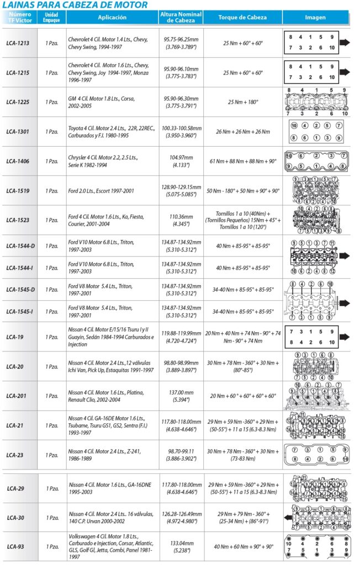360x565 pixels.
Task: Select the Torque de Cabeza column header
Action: click(x=242, y=17)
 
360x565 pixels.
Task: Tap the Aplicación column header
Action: click(x=112, y=17)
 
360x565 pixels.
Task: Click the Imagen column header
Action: click(x=315, y=17)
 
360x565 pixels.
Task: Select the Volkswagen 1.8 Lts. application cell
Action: click(x=110, y=547)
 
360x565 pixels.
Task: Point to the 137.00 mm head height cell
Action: click(x=181, y=396)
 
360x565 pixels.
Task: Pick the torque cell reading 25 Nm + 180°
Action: click(x=242, y=102)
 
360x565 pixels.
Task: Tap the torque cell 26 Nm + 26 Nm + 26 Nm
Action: click(x=242, y=132)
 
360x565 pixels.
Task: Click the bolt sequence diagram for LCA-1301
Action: click(x=315, y=132)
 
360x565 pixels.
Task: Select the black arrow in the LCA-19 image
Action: click(x=345, y=337)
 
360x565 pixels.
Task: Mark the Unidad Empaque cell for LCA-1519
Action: click(x=51, y=191)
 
